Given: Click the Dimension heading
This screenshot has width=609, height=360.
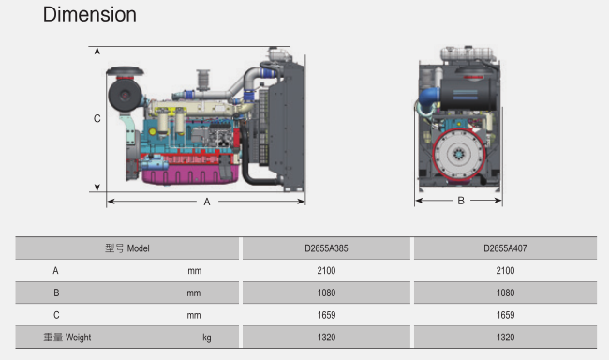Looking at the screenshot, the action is click(x=89, y=15).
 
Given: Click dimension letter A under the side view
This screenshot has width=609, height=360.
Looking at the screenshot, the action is click(x=207, y=202).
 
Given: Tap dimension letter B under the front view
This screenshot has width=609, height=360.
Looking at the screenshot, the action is click(x=461, y=201).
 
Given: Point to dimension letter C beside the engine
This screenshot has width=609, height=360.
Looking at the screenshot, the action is click(x=97, y=118).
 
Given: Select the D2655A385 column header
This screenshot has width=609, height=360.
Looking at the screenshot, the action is click(x=326, y=248).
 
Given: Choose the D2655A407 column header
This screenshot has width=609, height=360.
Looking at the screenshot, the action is click(x=505, y=248).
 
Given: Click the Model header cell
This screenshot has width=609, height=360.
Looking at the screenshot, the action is click(x=127, y=248).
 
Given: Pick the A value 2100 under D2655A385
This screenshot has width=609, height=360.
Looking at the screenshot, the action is click(x=326, y=271).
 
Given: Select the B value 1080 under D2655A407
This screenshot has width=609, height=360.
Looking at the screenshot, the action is click(x=505, y=292).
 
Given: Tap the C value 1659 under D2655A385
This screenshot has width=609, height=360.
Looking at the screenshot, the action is click(x=326, y=315).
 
